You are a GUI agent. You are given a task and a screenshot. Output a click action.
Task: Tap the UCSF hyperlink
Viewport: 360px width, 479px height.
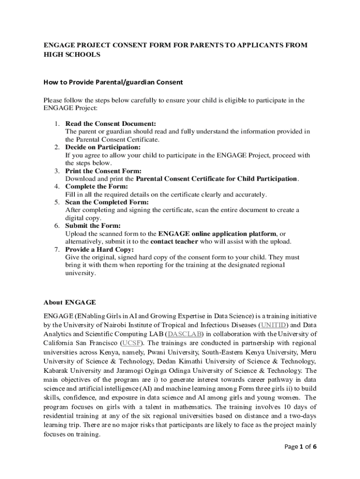132,343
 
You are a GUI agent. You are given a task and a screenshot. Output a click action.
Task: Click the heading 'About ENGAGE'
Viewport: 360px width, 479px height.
70,302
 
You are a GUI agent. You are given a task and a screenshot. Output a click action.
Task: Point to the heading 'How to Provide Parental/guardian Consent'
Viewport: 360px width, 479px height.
113,82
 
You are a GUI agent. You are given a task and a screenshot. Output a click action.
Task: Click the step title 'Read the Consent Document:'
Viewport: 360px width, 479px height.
110,123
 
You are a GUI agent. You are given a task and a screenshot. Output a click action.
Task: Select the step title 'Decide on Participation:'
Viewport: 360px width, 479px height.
103,147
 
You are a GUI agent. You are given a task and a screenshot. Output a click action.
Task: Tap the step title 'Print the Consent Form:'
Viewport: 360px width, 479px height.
103,171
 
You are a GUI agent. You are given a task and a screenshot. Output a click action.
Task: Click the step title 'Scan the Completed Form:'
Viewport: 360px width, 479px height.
107,202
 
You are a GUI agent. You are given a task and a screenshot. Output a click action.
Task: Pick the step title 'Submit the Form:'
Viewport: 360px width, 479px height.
92,225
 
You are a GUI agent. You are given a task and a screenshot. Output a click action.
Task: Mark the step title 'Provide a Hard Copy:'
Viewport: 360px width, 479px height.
100,249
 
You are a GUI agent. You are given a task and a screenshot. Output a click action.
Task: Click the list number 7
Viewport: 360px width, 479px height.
56,249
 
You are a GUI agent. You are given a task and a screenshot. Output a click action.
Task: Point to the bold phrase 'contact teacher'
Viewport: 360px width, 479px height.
174,241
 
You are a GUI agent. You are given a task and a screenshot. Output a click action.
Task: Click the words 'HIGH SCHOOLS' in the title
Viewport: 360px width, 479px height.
72,55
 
